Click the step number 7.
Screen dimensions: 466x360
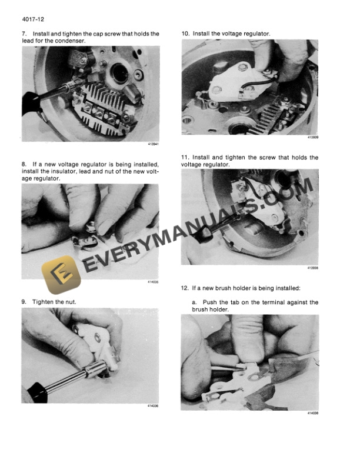point(24,34)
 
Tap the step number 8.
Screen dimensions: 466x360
point(24,164)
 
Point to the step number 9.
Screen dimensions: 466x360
point(24,302)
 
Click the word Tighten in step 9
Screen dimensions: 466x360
point(45,302)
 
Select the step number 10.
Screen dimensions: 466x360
point(185,34)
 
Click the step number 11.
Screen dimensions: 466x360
point(185,158)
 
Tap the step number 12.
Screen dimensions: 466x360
point(185,288)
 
